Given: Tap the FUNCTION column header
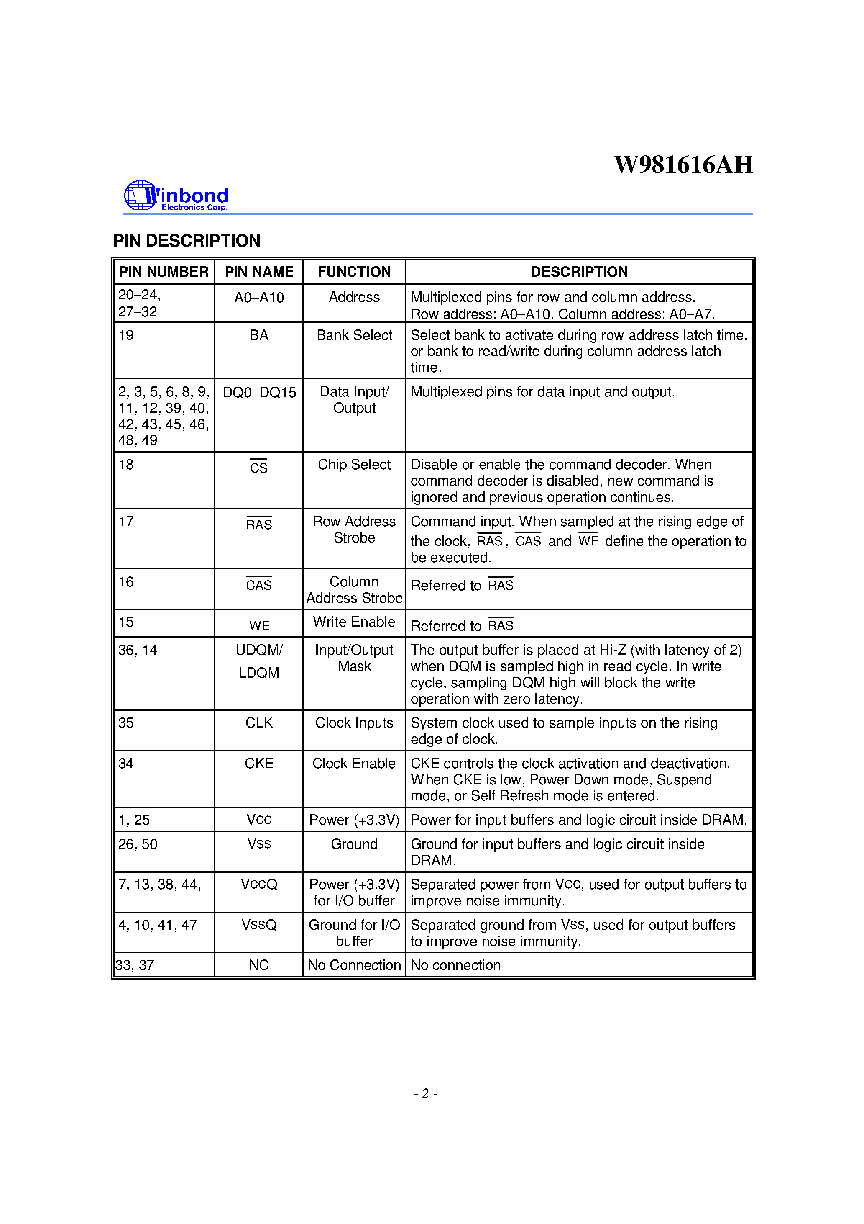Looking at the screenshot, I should click(x=354, y=272).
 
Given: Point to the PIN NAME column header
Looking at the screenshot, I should click(x=259, y=272).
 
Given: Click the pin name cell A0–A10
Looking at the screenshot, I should click(x=259, y=298).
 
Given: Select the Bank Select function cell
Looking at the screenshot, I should click(x=354, y=335).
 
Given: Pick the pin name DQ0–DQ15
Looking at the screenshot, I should click(x=259, y=392).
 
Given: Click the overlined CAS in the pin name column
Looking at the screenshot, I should click(x=259, y=585).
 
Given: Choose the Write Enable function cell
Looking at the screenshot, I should click(x=354, y=622).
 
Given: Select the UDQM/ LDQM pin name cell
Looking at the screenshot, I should click(x=259, y=661).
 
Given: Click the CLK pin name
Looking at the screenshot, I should click(x=259, y=723).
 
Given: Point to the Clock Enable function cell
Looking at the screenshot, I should click(x=354, y=764).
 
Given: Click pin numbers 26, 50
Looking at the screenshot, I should click(x=138, y=844).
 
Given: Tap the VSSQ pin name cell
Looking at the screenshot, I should click(x=259, y=925).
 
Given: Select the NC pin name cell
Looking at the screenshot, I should click(x=259, y=965).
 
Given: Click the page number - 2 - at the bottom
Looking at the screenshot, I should click(x=425, y=1094).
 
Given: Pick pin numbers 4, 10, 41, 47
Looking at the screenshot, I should click(x=158, y=925).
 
